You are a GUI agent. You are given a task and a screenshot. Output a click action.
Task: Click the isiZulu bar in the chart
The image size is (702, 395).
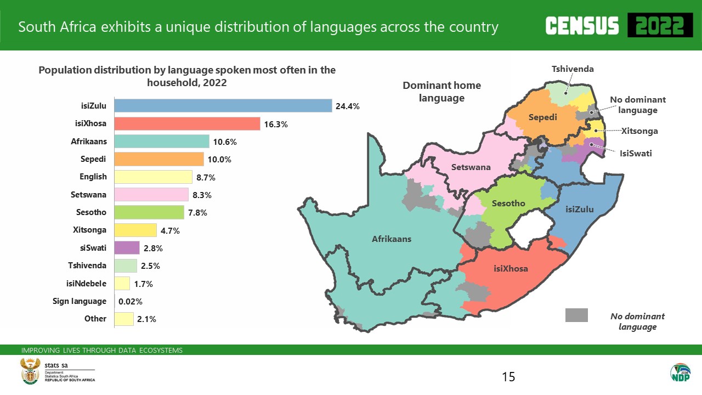coord(223,106)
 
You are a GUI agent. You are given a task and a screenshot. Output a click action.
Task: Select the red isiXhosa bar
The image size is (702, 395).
coord(187,124)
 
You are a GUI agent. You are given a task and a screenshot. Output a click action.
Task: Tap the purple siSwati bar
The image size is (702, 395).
coord(127,248)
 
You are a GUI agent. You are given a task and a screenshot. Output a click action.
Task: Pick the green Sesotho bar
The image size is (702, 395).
coord(149,212)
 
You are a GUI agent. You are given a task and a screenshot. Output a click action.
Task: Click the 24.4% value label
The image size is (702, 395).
coord(347,106)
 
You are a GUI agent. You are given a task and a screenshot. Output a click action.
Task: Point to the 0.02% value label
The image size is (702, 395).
coord(131,301)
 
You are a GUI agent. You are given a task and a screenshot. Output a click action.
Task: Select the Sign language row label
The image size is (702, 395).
coord(80,301)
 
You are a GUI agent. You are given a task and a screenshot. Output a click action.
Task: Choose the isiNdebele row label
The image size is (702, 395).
coord(86,284)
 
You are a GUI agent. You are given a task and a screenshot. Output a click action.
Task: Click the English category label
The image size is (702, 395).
coord(93,177)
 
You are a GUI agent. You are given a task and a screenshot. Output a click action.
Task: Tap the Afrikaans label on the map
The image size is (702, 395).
coord(392,239)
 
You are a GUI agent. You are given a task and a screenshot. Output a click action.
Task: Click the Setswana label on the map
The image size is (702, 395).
coord(471,167)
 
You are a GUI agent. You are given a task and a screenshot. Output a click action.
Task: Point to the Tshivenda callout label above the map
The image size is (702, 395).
coord(573,69)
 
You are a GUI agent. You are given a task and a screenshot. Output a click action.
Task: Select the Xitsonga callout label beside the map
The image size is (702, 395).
coord(639,131)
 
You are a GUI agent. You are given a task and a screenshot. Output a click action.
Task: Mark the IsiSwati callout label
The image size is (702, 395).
coord(636,153)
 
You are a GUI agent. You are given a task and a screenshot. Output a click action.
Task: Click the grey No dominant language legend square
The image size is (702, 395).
coord(576,315)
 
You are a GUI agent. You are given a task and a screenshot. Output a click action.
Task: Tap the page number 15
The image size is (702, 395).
coord(508,377)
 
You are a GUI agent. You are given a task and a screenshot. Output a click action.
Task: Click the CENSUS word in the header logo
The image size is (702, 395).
coord(582,26)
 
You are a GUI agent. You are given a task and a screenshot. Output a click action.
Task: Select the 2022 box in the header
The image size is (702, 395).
coord(656,26)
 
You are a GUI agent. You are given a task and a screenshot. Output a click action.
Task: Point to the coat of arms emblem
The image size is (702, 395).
coord(30,371)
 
